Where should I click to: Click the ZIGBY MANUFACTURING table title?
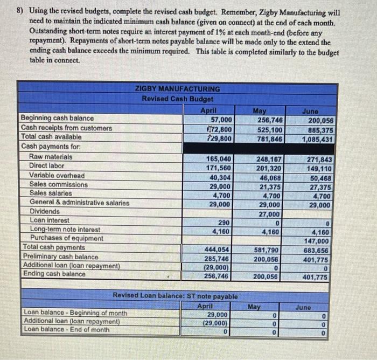pos(177,89)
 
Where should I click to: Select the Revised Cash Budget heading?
pos(177,99)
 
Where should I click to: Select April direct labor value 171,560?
pos(219,168)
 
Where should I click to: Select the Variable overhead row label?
pos(57,176)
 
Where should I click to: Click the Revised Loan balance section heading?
pos(175,296)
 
